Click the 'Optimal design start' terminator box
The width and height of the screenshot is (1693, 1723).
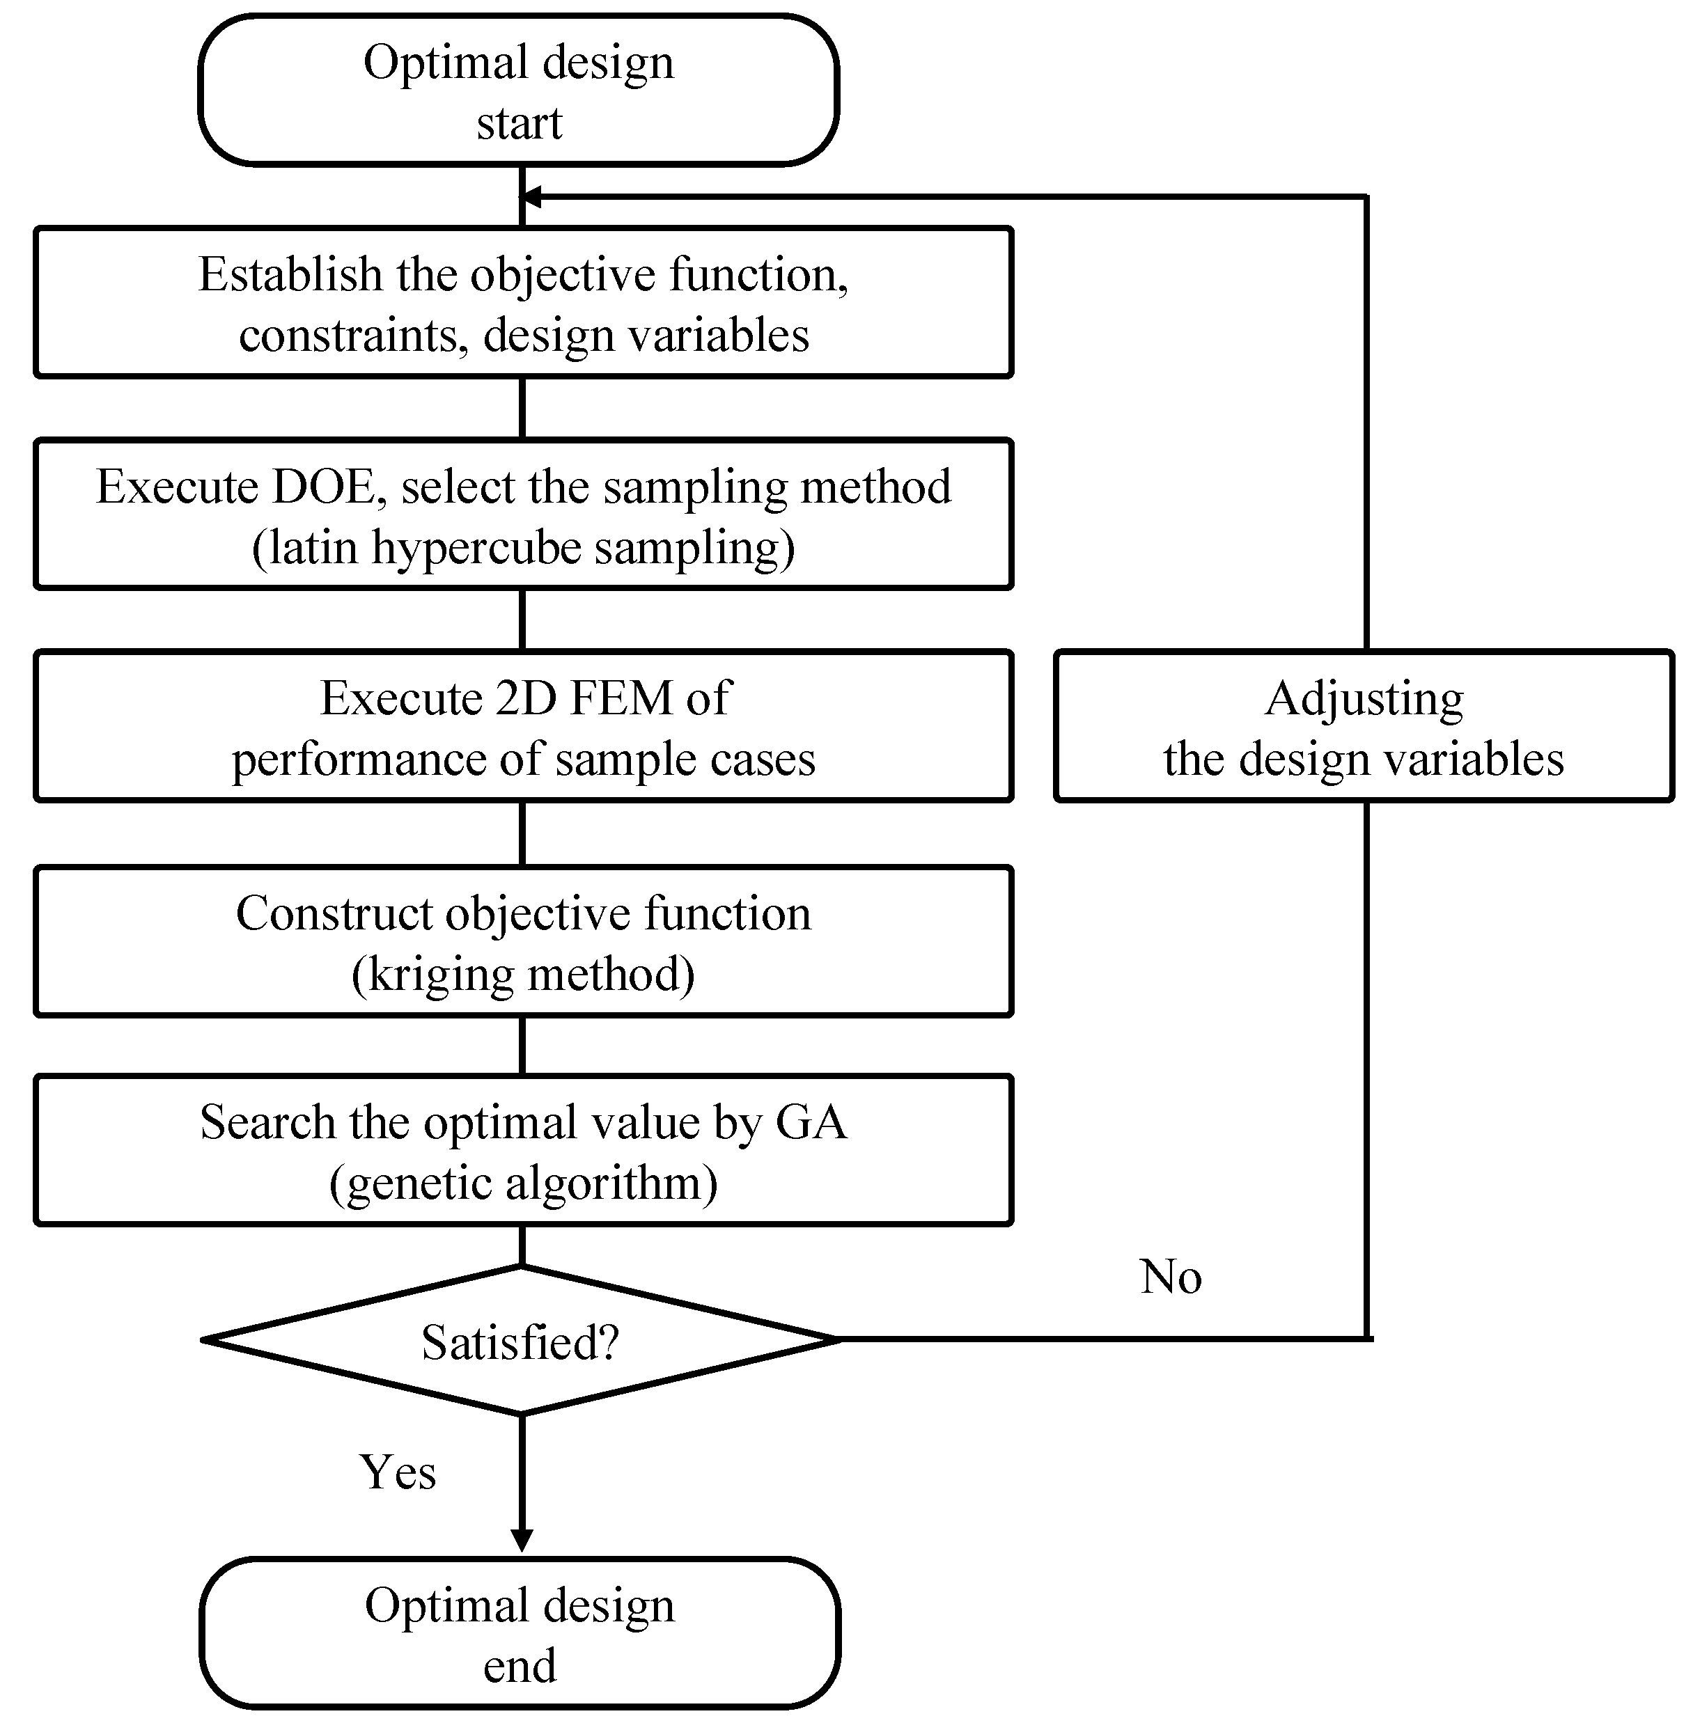pos(518,91)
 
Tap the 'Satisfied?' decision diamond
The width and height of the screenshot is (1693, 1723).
pos(520,1341)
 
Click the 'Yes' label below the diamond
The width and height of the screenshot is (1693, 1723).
pos(398,1472)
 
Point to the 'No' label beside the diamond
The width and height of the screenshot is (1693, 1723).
pos(1170,1277)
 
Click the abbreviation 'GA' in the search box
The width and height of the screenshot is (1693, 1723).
pos(811,1122)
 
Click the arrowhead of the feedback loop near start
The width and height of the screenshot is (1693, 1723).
pos(531,196)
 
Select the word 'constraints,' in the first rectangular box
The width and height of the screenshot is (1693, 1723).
pos(353,336)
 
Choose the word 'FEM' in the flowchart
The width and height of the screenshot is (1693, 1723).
pos(621,698)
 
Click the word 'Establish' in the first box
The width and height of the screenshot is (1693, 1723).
pos(290,275)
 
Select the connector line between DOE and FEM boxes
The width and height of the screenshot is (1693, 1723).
pos(522,619)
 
